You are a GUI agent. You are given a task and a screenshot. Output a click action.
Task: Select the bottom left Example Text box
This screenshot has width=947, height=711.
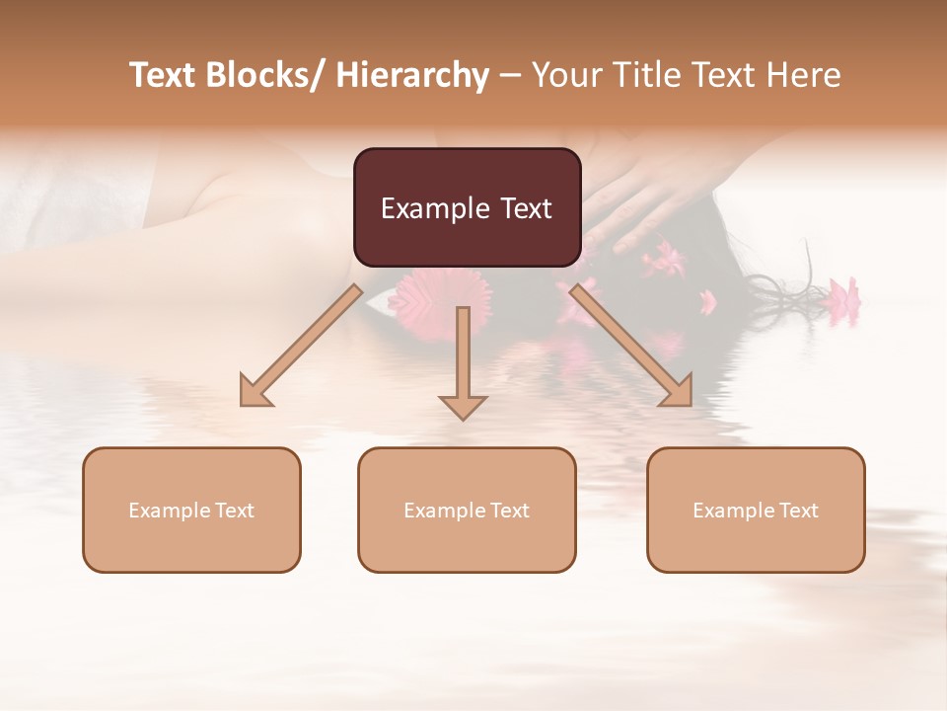click(191, 510)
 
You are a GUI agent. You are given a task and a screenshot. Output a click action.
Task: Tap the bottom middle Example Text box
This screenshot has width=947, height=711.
click(467, 510)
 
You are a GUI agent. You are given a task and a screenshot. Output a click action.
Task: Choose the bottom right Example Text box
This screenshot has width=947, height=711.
click(756, 510)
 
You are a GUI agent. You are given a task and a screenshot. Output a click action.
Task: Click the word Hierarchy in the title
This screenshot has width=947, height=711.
click(412, 75)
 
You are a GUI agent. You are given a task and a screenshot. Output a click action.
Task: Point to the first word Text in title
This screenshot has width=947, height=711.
click(164, 75)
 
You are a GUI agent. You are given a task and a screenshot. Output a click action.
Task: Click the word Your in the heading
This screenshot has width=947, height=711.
click(566, 75)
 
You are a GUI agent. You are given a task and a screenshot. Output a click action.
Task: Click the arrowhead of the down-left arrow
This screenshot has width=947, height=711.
click(255, 393)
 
